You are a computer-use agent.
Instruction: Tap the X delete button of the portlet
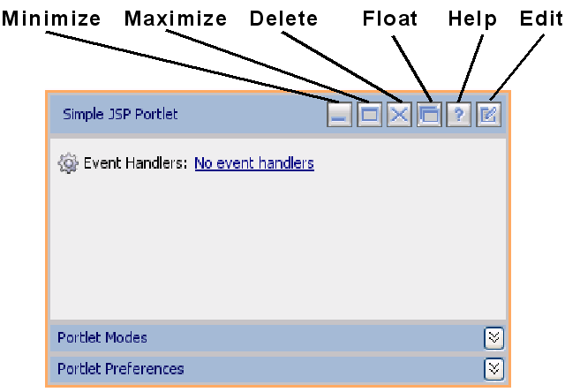(x=399, y=115)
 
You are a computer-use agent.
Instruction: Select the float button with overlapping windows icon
(x=429, y=115)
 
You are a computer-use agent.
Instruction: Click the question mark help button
(x=458, y=115)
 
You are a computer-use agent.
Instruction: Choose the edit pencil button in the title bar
(x=488, y=115)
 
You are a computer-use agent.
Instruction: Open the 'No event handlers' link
(x=253, y=163)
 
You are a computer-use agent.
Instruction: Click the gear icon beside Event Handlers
(x=68, y=163)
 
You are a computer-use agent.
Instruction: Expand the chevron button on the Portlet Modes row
(x=494, y=338)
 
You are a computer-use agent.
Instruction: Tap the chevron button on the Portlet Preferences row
(x=494, y=369)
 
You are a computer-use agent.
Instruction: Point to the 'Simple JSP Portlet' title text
(x=120, y=114)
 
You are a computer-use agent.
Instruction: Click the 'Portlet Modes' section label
(x=102, y=338)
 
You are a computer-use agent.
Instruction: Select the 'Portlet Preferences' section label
(x=121, y=369)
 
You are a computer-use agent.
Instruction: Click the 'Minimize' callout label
(x=50, y=19)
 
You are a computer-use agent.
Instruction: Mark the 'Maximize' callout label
(x=176, y=19)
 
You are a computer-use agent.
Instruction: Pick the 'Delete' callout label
(x=284, y=19)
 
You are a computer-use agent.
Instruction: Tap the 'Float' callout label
(x=390, y=19)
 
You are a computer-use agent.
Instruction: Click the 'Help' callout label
(x=472, y=19)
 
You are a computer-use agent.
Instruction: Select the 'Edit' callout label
(x=539, y=19)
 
